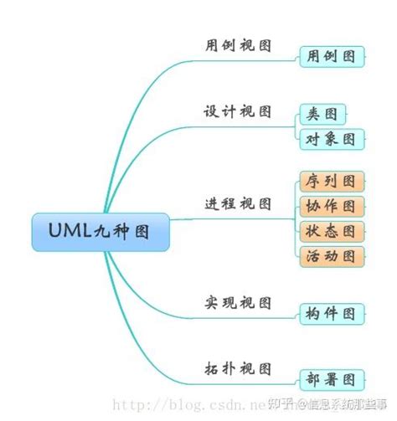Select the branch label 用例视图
(x=238, y=45)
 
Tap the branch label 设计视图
(x=238, y=111)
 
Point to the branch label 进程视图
(x=238, y=203)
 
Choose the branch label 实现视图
(x=238, y=302)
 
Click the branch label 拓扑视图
(x=238, y=367)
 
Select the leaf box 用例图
(x=332, y=57)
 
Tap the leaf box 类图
(x=322, y=114)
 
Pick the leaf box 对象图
(x=332, y=138)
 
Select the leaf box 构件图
(x=332, y=314)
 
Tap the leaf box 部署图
(x=332, y=379)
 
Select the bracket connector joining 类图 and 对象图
(x=295, y=126)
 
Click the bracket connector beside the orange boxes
(x=295, y=218)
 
